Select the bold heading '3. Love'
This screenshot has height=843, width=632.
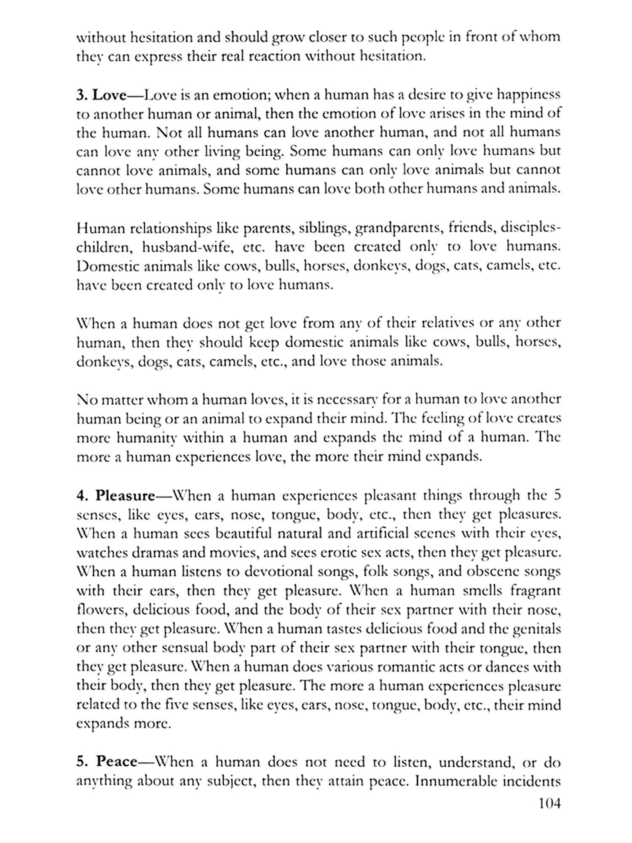point(101,95)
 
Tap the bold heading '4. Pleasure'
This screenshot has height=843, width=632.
point(116,496)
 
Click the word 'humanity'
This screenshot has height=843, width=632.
point(144,438)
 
